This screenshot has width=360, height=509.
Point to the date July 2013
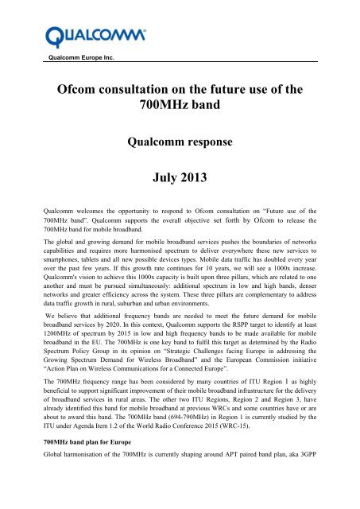(180, 192)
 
